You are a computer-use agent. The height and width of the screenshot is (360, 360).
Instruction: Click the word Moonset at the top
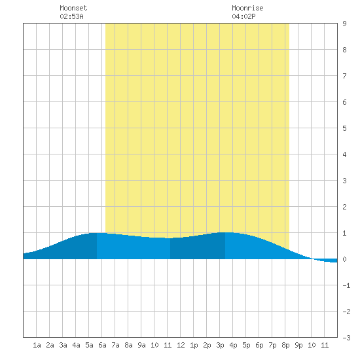(x=73, y=8)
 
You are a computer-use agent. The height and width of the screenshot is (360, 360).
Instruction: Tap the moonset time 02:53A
(x=71, y=16)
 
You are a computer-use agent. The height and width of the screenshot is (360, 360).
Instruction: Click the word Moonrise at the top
(x=247, y=8)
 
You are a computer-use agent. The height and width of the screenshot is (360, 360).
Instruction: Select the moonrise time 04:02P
(x=243, y=16)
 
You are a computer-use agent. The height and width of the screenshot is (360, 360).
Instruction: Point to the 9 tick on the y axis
(x=344, y=24)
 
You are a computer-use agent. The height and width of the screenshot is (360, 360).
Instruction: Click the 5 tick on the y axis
(x=344, y=128)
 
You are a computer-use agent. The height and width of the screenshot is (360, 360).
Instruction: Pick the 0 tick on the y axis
(x=344, y=259)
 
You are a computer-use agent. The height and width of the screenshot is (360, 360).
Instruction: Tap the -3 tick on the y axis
(x=346, y=338)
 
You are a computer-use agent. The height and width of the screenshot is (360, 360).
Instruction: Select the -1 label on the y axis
(x=346, y=285)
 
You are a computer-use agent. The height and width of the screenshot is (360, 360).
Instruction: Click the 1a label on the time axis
(x=37, y=345)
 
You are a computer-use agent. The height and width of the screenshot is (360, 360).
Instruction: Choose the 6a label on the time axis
(x=102, y=345)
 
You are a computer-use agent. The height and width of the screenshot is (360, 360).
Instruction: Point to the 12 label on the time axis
(x=181, y=345)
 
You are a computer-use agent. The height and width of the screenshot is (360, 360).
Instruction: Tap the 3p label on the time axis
(x=220, y=345)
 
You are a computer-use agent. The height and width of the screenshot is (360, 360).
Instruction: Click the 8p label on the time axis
(x=285, y=345)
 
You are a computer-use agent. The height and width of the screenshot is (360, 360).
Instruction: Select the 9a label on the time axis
(x=141, y=345)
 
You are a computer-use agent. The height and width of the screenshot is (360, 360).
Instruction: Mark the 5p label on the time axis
(x=246, y=345)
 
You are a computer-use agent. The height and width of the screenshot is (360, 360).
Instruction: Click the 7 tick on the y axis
(x=344, y=76)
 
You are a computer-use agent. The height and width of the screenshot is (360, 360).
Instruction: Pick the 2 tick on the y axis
(x=344, y=207)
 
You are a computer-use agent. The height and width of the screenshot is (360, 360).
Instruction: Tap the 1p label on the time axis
(x=194, y=345)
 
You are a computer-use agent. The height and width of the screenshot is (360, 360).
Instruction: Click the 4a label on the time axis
(x=76, y=345)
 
